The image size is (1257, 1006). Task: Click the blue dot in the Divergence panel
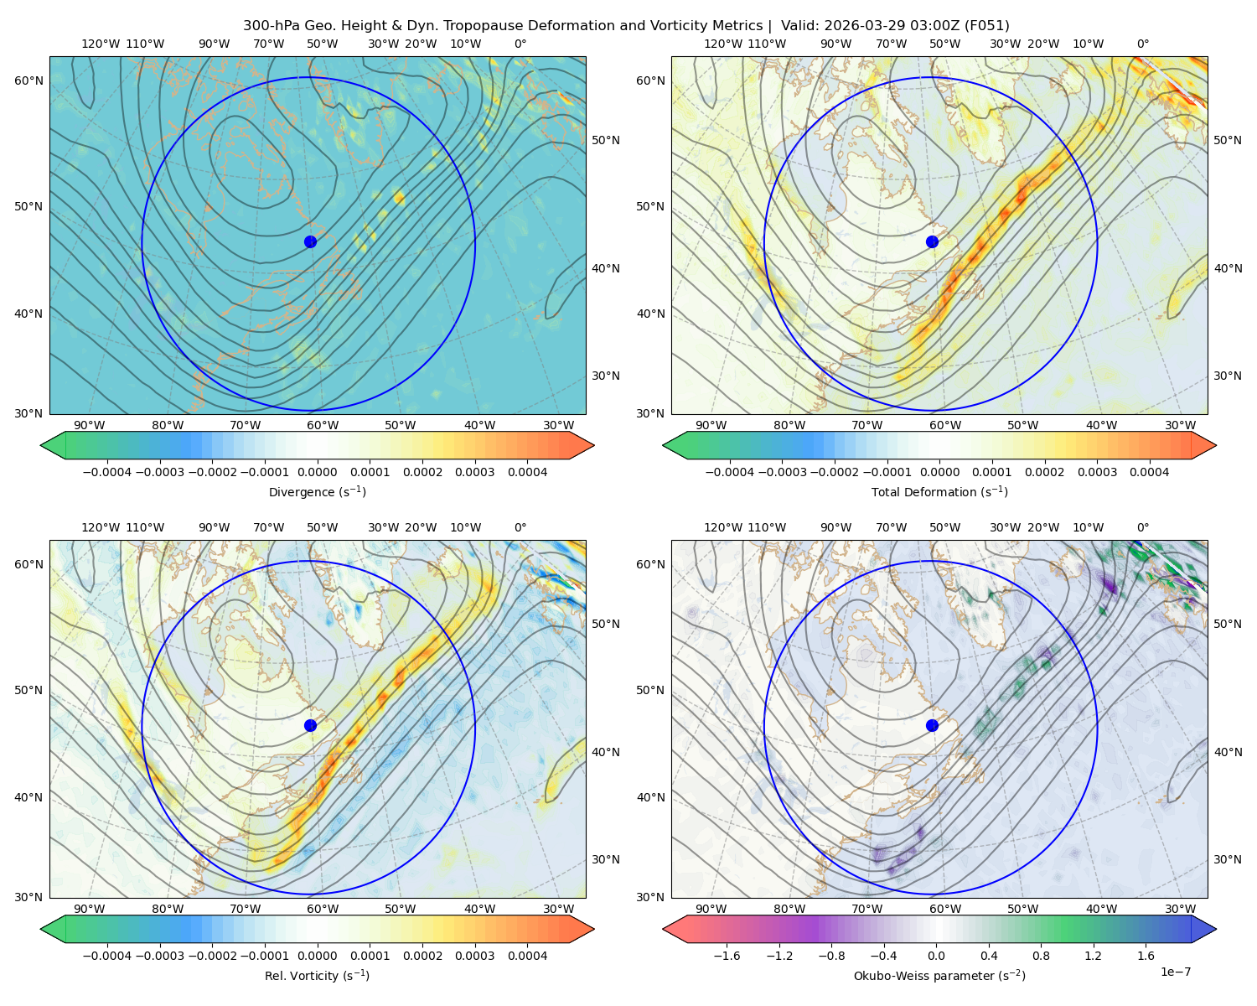point(310,241)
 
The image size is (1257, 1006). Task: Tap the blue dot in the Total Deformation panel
point(932,241)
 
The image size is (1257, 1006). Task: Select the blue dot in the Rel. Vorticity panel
point(310,725)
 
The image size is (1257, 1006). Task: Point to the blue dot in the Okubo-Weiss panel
point(932,725)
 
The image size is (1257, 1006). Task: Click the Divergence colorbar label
point(317,491)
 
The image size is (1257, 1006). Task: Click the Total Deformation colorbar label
point(939,491)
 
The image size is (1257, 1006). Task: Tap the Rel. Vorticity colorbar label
point(317,975)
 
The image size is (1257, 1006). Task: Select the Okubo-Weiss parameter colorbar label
point(939,975)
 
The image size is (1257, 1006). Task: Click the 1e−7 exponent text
point(1175,972)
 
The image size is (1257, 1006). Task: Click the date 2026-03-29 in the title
point(856,26)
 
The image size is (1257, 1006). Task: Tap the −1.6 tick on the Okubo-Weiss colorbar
point(727,956)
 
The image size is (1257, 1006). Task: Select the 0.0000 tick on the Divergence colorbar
point(317,472)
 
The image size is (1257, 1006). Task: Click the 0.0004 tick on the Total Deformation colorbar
point(1149,472)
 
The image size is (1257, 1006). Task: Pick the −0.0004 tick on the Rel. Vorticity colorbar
point(107,956)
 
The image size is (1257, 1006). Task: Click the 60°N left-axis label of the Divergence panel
point(28,80)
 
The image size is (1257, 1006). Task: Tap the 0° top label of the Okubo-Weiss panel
point(1142,527)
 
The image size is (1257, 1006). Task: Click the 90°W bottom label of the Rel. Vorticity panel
point(90,909)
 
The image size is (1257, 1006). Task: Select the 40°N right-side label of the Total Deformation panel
point(1228,268)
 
